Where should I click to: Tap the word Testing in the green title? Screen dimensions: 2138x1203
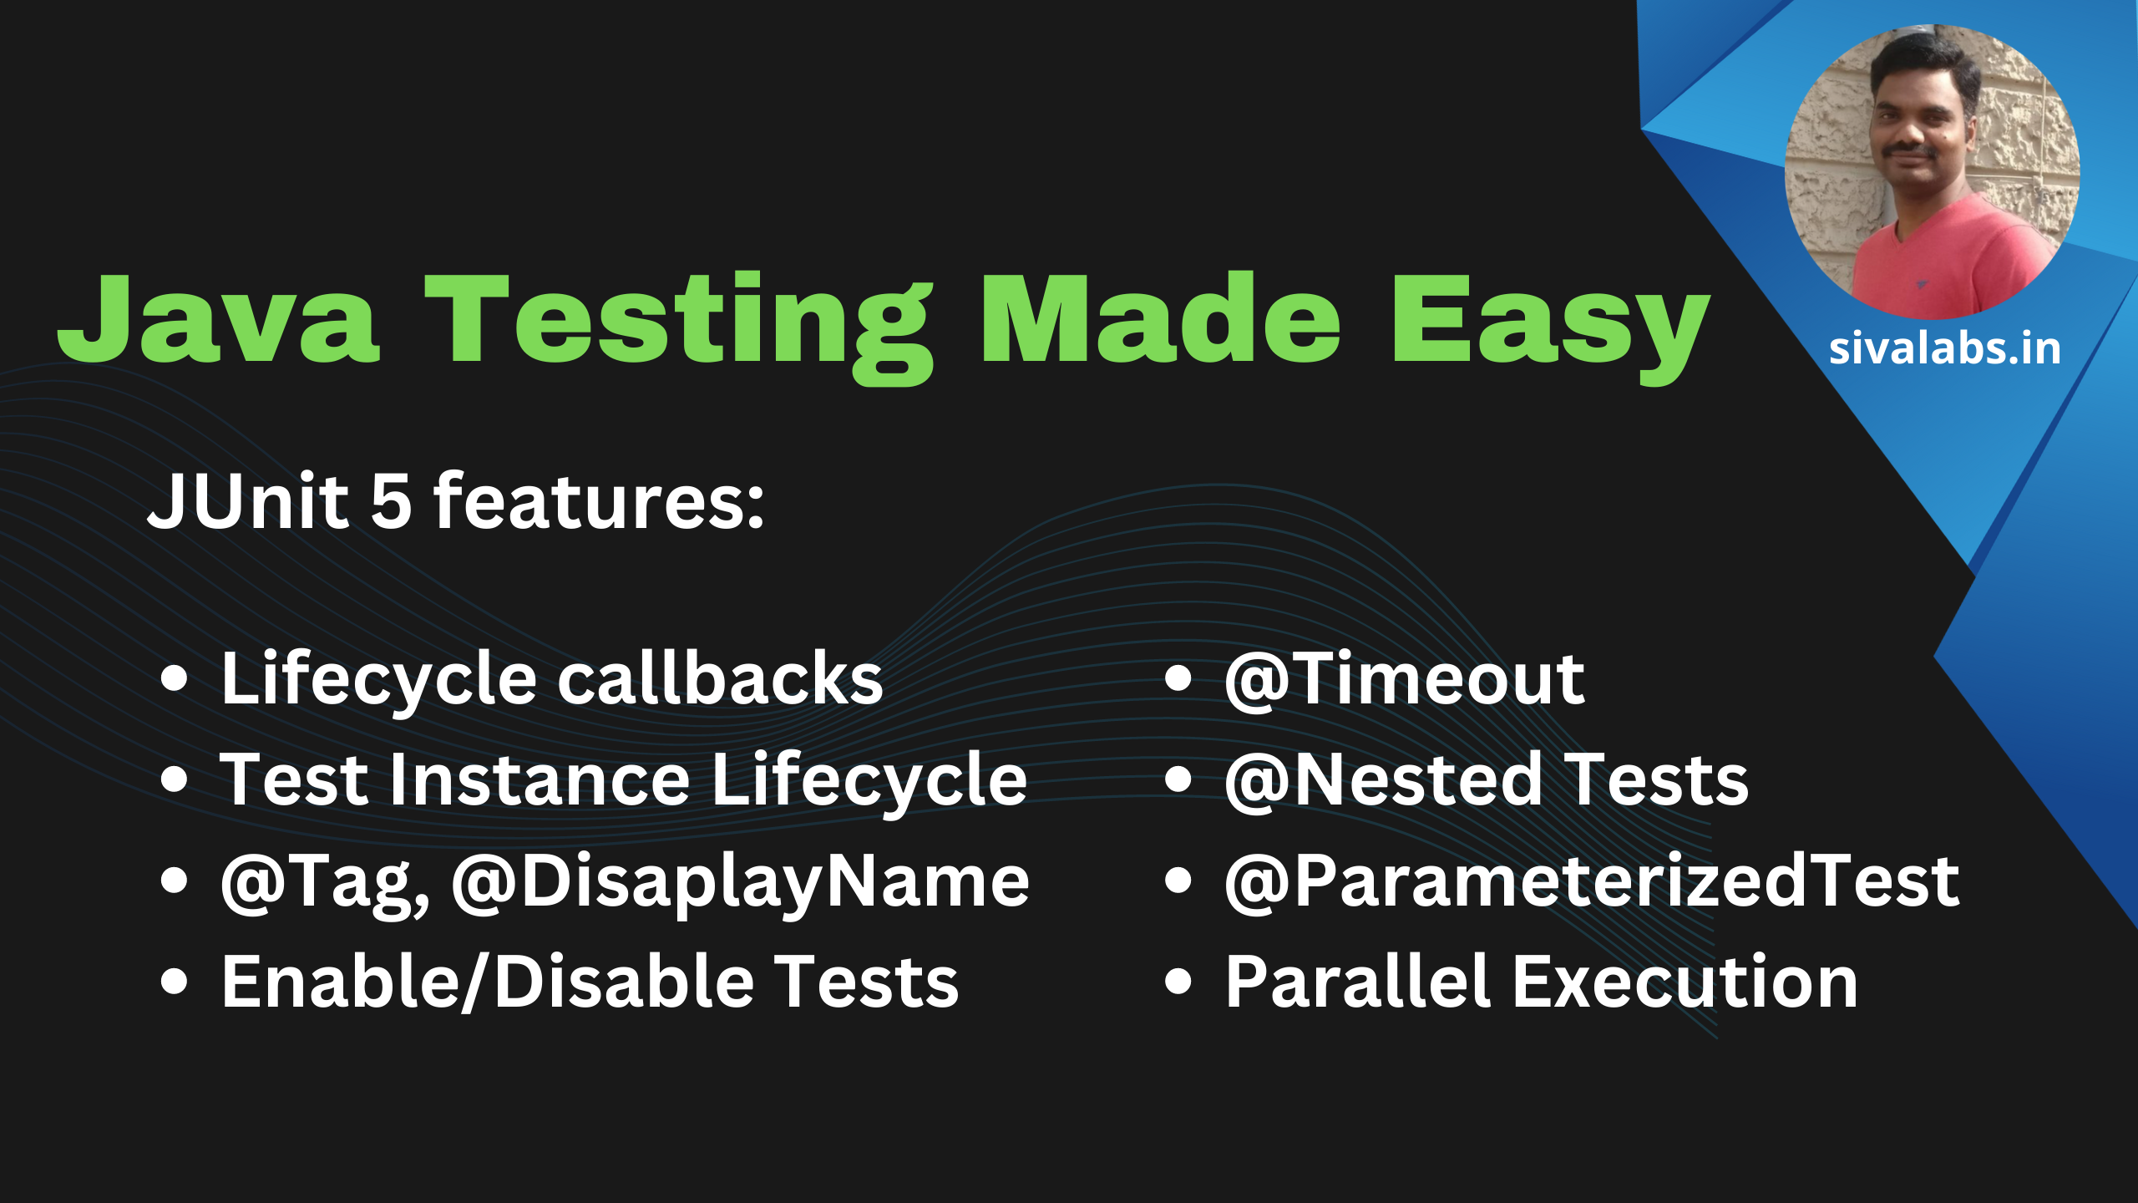point(680,327)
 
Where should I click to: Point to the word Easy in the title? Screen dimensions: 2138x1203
point(1550,327)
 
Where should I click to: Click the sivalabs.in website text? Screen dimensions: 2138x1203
point(1945,348)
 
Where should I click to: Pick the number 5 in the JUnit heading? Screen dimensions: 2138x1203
point(391,501)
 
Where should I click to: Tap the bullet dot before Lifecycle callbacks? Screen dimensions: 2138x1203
point(174,679)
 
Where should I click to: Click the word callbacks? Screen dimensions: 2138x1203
point(720,678)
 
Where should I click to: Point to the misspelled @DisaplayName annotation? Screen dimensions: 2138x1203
point(741,883)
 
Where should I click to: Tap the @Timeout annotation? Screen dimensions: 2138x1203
point(1405,679)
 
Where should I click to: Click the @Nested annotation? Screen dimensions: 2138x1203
point(1383,780)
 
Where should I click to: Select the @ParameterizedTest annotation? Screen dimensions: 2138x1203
point(1592,881)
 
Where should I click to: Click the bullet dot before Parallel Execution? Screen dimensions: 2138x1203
point(1178,982)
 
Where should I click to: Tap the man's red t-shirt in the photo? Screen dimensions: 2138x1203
point(1954,259)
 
